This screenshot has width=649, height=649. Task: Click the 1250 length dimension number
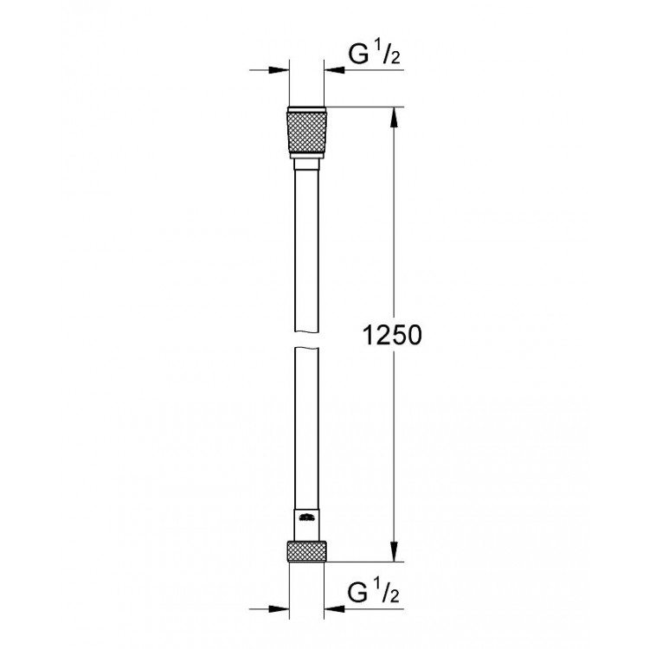(392, 335)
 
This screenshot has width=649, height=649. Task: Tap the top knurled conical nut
(306, 133)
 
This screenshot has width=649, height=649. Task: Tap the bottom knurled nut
(306, 551)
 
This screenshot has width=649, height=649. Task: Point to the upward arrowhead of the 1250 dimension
(394, 117)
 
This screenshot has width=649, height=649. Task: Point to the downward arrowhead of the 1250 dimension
(394, 552)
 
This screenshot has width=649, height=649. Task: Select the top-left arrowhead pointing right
(279, 70)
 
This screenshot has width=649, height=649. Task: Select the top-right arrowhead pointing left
(334, 70)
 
